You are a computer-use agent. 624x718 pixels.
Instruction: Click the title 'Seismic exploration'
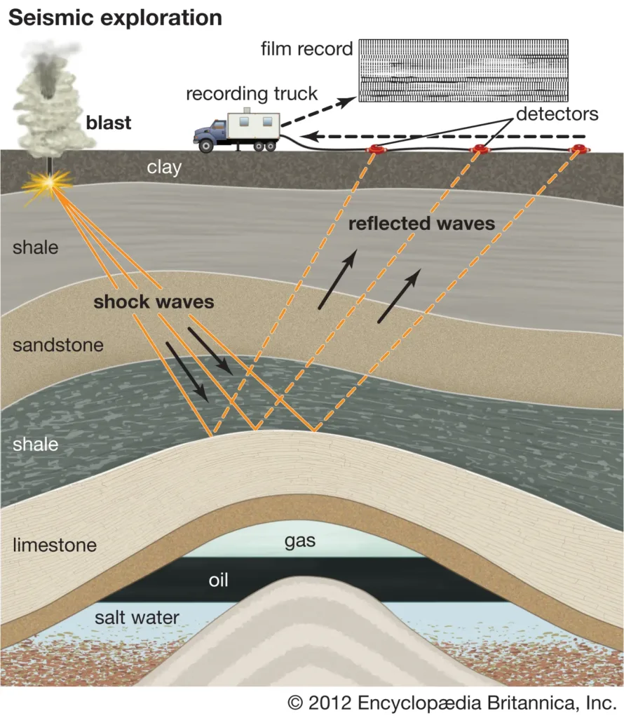115,18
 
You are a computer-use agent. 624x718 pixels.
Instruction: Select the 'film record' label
306,49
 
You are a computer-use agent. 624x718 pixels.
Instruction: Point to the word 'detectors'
557,114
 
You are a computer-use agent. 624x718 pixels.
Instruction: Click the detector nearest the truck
377,149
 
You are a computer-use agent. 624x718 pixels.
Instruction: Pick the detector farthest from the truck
578,149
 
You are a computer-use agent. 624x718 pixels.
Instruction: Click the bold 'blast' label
109,123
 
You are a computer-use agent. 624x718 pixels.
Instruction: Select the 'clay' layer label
164,167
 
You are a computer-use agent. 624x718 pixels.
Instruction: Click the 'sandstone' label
57,345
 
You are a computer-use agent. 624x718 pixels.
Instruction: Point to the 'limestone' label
54,544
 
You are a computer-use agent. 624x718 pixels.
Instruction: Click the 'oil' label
219,580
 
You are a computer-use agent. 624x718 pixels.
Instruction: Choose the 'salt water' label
137,617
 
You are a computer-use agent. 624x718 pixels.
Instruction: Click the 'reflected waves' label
422,224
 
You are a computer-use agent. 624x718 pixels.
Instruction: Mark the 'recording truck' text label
252,93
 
